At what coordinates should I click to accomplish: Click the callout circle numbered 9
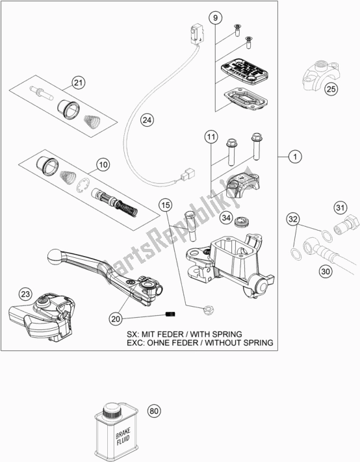point(216,18)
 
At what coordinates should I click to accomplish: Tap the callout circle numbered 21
point(79,83)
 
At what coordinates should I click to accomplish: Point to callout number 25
point(331,90)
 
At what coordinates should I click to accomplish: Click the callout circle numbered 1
point(294,157)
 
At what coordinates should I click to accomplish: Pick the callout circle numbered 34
point(225,218)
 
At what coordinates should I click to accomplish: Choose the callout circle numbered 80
point(154,411)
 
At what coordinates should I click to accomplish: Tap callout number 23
point(24,294)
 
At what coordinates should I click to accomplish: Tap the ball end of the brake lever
point(57,257)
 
